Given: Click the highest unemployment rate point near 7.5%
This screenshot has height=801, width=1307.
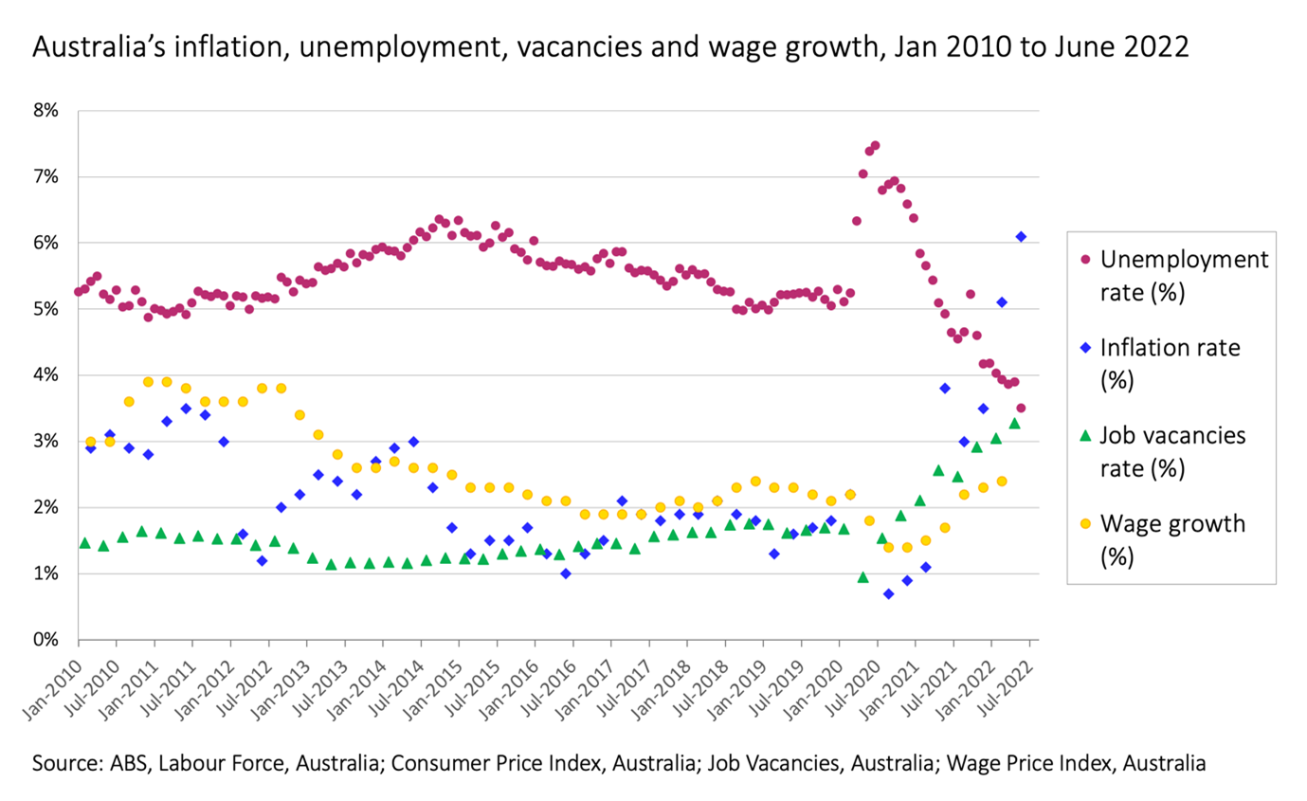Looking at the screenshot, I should (x=875, y=146).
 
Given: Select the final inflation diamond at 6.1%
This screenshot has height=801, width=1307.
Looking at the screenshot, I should (x=1021, y=236).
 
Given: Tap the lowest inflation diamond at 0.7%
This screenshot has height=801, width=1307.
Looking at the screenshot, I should (x=888, y=593).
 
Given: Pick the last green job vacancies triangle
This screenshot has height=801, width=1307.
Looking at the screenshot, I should (x=1014, y=424).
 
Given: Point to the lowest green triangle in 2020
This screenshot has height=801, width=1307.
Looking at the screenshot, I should (x=862, y=577).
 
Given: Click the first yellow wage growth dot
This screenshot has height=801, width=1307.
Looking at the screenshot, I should (x=90, y=442).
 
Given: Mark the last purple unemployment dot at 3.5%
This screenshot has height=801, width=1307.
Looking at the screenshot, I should (x=1021, y=408).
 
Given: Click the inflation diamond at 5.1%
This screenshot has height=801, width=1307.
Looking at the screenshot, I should (x=1002, y=301).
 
